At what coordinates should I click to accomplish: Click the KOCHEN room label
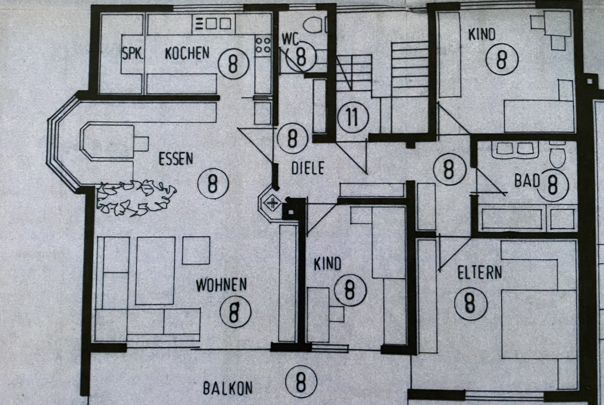[x=187, y=53]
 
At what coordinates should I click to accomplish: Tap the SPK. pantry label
[x=133, y=53]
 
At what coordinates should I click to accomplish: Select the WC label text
[x=290, y=39]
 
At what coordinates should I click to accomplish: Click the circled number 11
[x=353, y=117]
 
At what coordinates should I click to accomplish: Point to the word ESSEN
[x=176, y=158]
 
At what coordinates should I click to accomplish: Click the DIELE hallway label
[x=308, y=168]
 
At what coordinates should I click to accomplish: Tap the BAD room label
[x=527, y=181]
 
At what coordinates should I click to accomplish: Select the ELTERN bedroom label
[x=480, y=272]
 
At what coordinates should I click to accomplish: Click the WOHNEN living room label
[x=221, y=285]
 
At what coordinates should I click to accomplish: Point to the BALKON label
[x=228, y=388]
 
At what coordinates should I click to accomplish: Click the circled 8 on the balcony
[x=301, y=381]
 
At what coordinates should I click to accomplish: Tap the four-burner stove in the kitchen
[x=263, y=44]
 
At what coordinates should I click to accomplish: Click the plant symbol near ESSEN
[x=136, y=197]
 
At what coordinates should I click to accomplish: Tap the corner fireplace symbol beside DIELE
[x=273, y=203]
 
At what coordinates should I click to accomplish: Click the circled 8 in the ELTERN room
[x=470, y=303]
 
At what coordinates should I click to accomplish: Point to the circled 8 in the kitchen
[x=233, y=63]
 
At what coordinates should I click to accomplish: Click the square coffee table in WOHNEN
[x=196, y=250]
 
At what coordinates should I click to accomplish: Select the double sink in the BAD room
[x=515, y=149]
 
